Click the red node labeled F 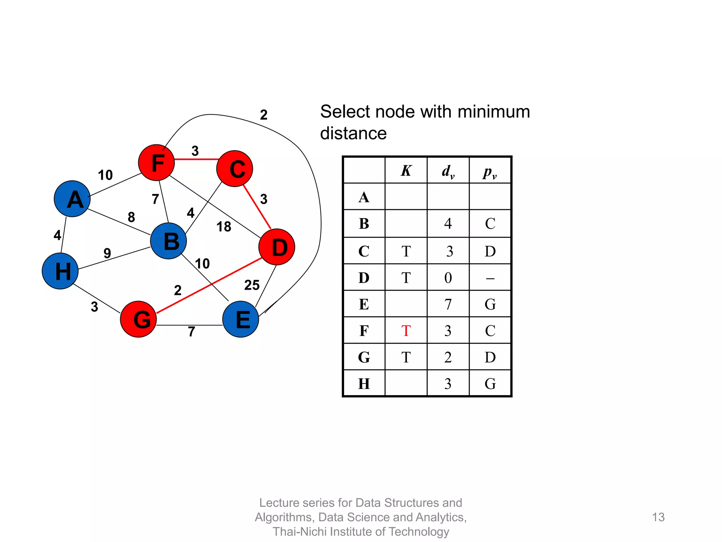[x=156, y=163]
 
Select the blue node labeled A [x=72, y=199]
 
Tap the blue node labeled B [x=168, y=241]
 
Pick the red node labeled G [x=138, y=319]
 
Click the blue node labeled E [x=241, y=319]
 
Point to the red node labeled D [x=277, y=247]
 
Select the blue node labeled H [x=60, y=271]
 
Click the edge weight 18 [x=224, y=227]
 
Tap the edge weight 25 [x=252, y=285]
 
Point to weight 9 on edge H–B [x=107, y=253]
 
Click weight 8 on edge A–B [x=131, y=217]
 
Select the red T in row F [x=406, y=331]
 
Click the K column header [x=406, y=171]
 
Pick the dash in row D [x=490, y=278]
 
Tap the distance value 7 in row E [x=448, y=305]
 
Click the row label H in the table [x=364, y=384]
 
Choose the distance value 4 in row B [x=448, y=224]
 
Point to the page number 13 [x=658, y=517]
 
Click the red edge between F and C [x=196, y=159]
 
